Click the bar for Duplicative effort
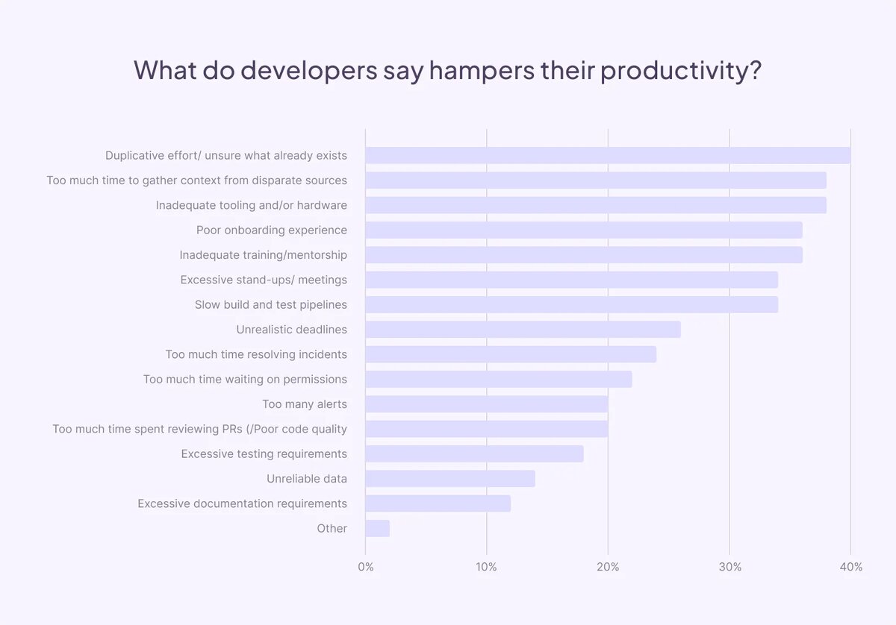click(x=608, y=155)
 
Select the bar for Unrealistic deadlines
click(x=523, y=330)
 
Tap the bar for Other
click(x=378, y=529)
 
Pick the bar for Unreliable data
click(x=450, y=479)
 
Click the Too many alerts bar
click(x=487, y=404)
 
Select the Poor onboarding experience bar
click(x=584, y=230)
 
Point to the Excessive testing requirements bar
click(x=474, y=454)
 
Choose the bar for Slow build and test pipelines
click(x=571, y=304)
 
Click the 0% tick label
click(x=366, y=567)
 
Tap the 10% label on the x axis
click(x=487, y=567)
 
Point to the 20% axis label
click(x=608, y=567)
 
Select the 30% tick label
click(x=729, y=567)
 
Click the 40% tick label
click(x=850, y=567)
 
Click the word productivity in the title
click(x=680, y=71)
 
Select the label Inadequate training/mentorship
click(x=263, y=255)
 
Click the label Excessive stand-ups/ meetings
click(x=264, y=280)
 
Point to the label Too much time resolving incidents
click(x=256, y=354)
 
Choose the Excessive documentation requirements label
click(x=242, y=503)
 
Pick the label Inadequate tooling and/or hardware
click(x=251, y=205)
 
